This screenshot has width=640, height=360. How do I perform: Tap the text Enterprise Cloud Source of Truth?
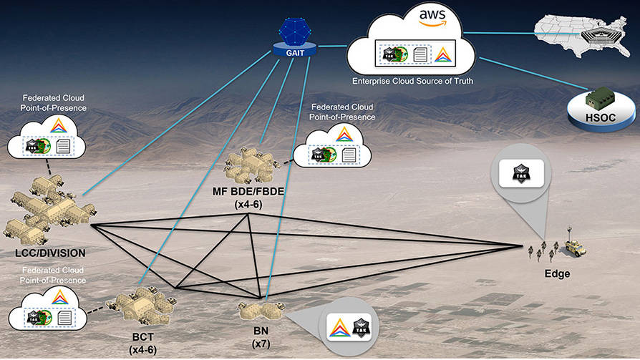point(413,82)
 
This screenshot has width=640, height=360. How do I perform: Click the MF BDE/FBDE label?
point(250,192)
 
